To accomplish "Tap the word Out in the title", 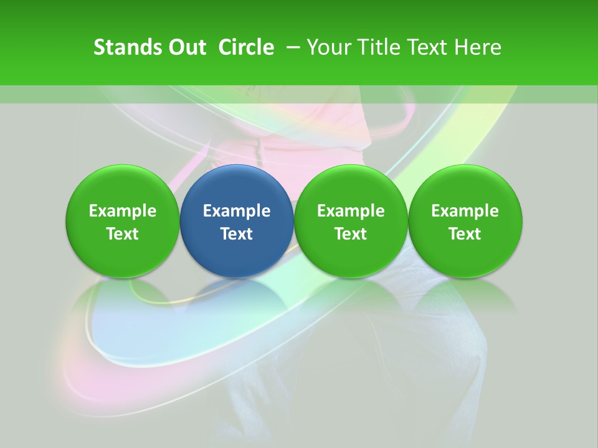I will click(x=186, y=47).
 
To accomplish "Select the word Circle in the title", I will click(x=246, y=47).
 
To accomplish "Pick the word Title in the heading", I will click(x=377, y=47).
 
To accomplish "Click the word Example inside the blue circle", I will click(x=237, y=211).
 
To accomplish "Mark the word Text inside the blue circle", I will click(x=237, y=234).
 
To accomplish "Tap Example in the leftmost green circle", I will click(x=123, y=211).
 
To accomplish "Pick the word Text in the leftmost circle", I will click(x=123, y=234).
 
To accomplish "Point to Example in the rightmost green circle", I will click(x=465, y=211).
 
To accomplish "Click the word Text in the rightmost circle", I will click(x=465, y=234).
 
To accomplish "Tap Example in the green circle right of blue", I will click(x=351, y=211).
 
